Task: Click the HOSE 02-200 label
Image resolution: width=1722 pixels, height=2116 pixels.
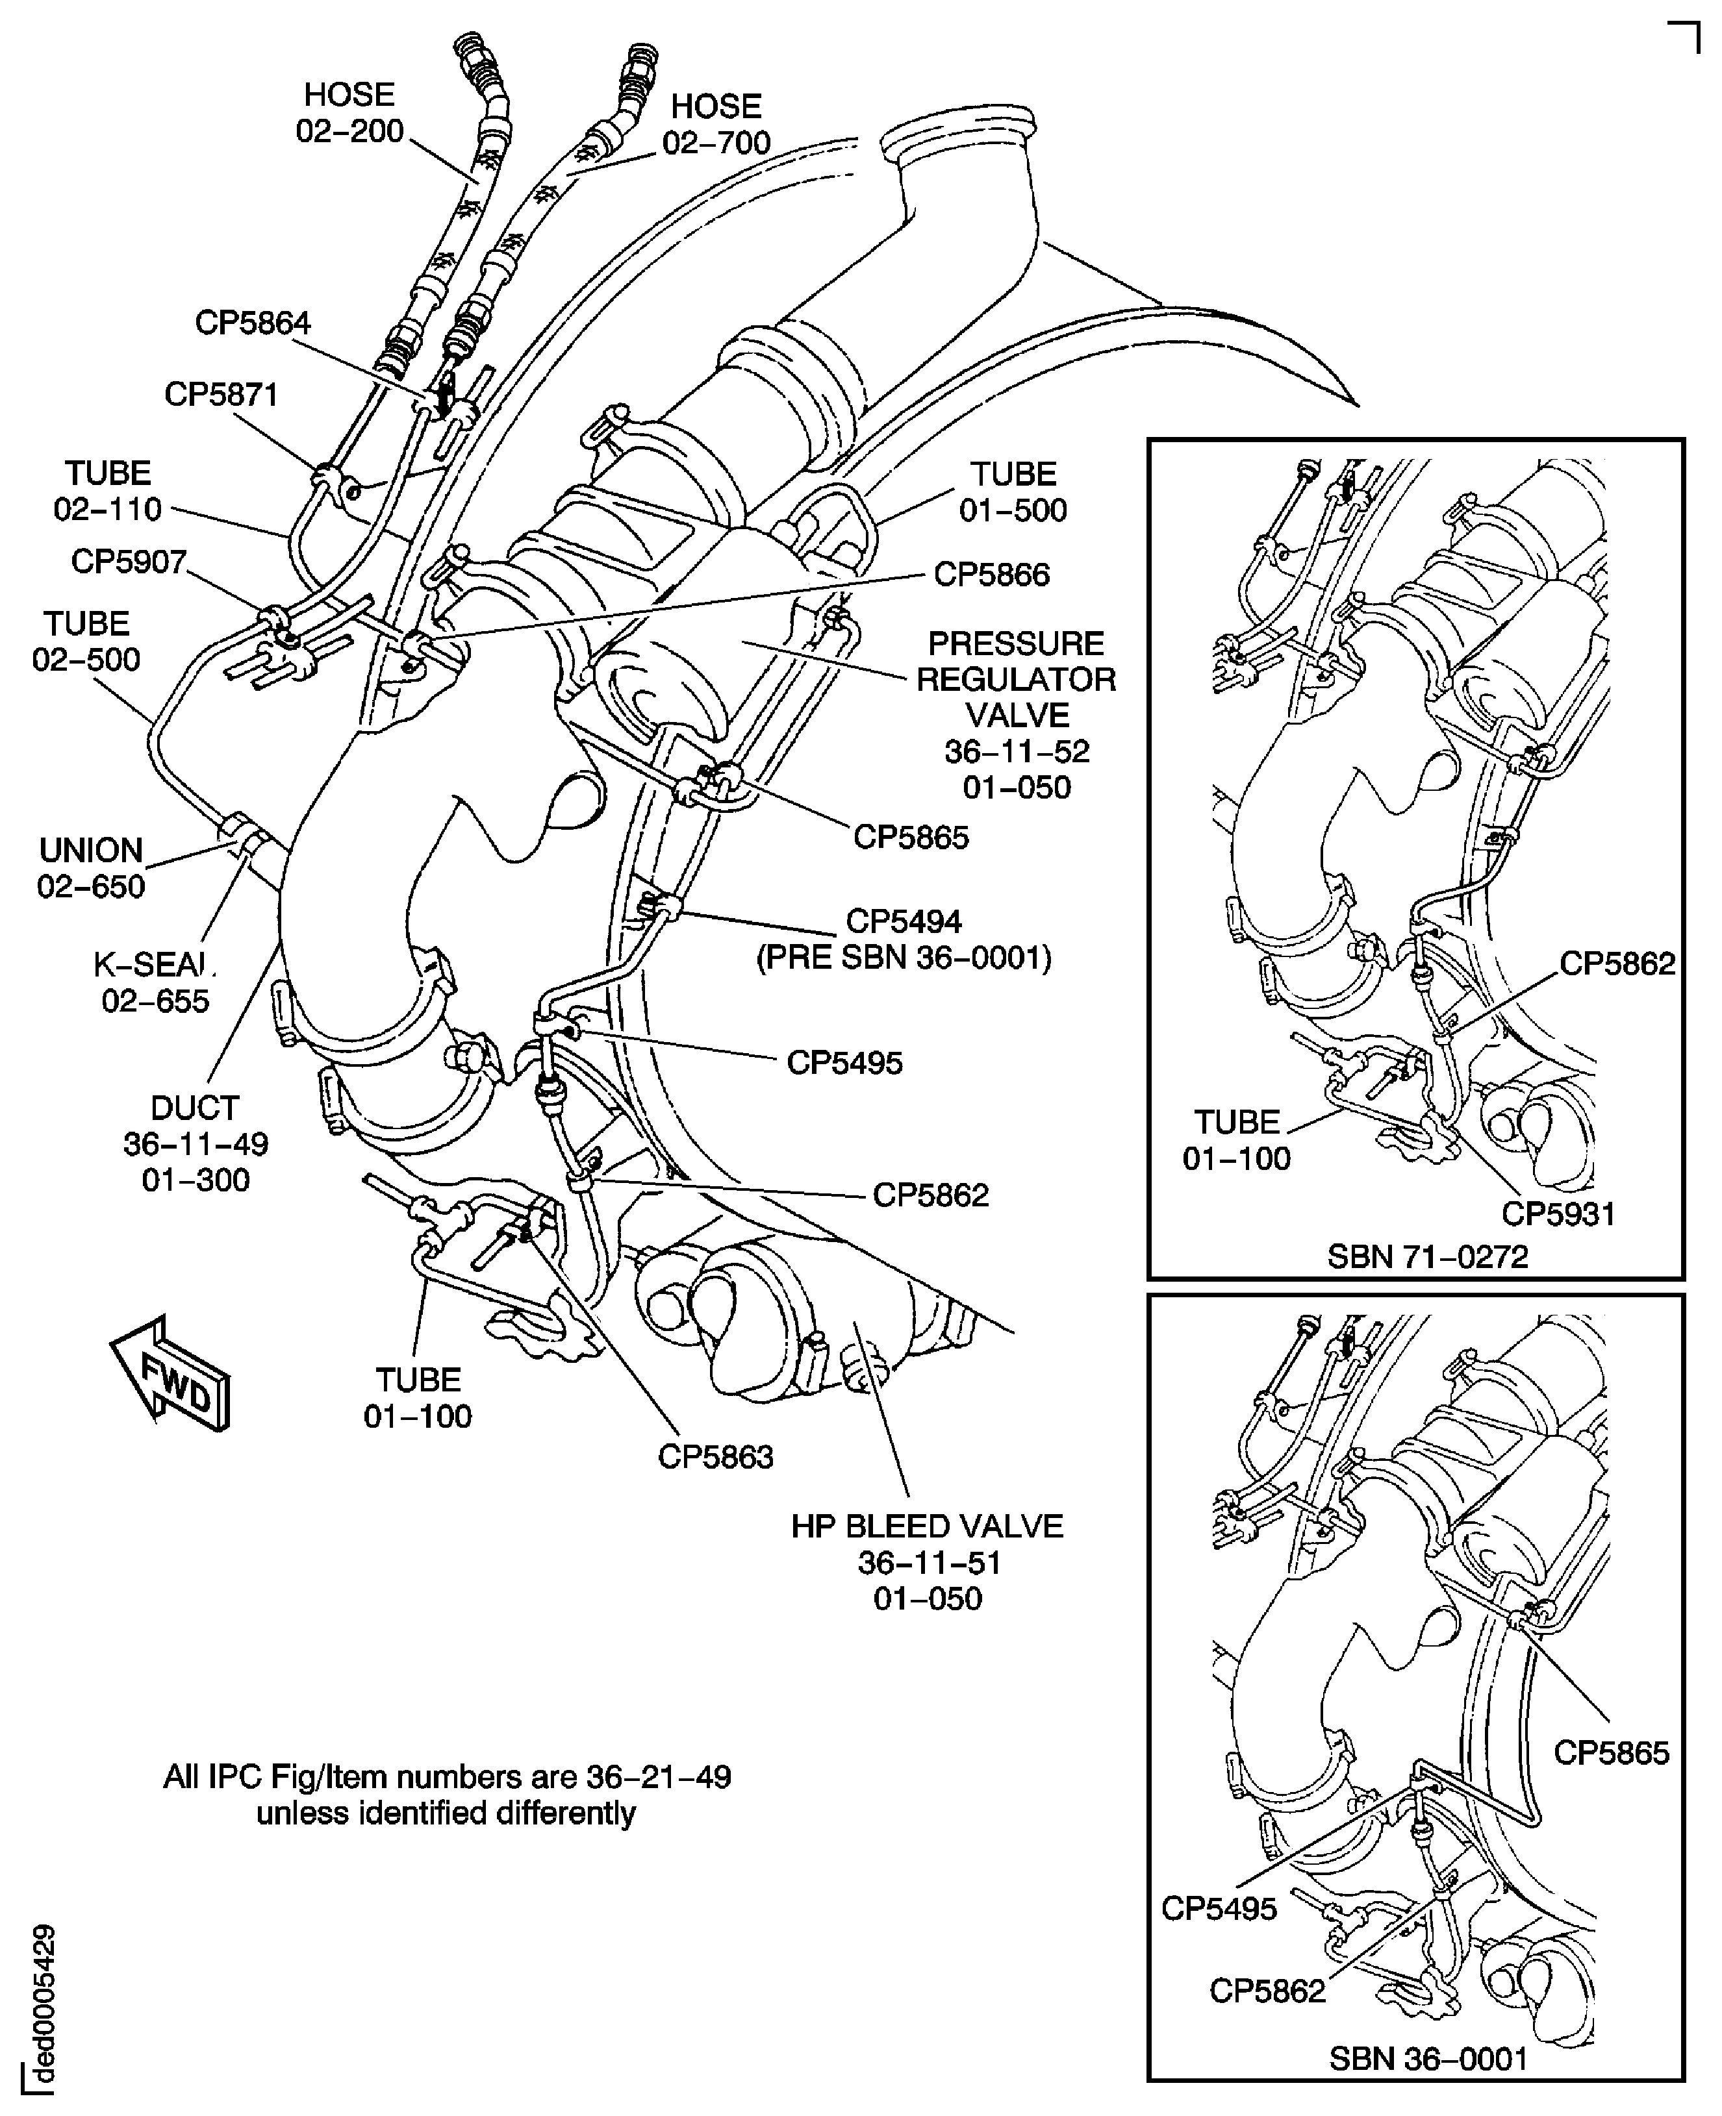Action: pos(350,112)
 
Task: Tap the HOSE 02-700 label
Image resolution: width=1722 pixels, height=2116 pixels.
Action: pos(716,124)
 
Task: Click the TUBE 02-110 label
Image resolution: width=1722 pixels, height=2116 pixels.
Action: pos(108,491)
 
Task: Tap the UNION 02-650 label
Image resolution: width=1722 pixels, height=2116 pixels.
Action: pos(91,867)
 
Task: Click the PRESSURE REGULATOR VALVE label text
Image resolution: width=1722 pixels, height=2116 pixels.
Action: pos(1017,679)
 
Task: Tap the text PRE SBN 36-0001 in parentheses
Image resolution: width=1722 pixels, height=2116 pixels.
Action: pos(904,958)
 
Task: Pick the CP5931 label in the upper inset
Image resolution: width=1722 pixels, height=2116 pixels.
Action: pos(1558,1213)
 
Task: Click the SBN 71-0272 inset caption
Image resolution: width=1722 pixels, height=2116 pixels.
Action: pos(1427,1256)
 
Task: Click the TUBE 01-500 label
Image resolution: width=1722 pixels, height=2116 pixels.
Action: pos(1013,492)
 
